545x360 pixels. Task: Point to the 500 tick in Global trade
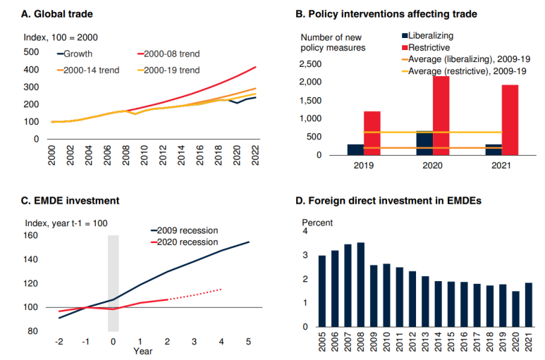click(x=30, y=52)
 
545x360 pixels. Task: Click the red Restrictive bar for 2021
click(x=509, y=120)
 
